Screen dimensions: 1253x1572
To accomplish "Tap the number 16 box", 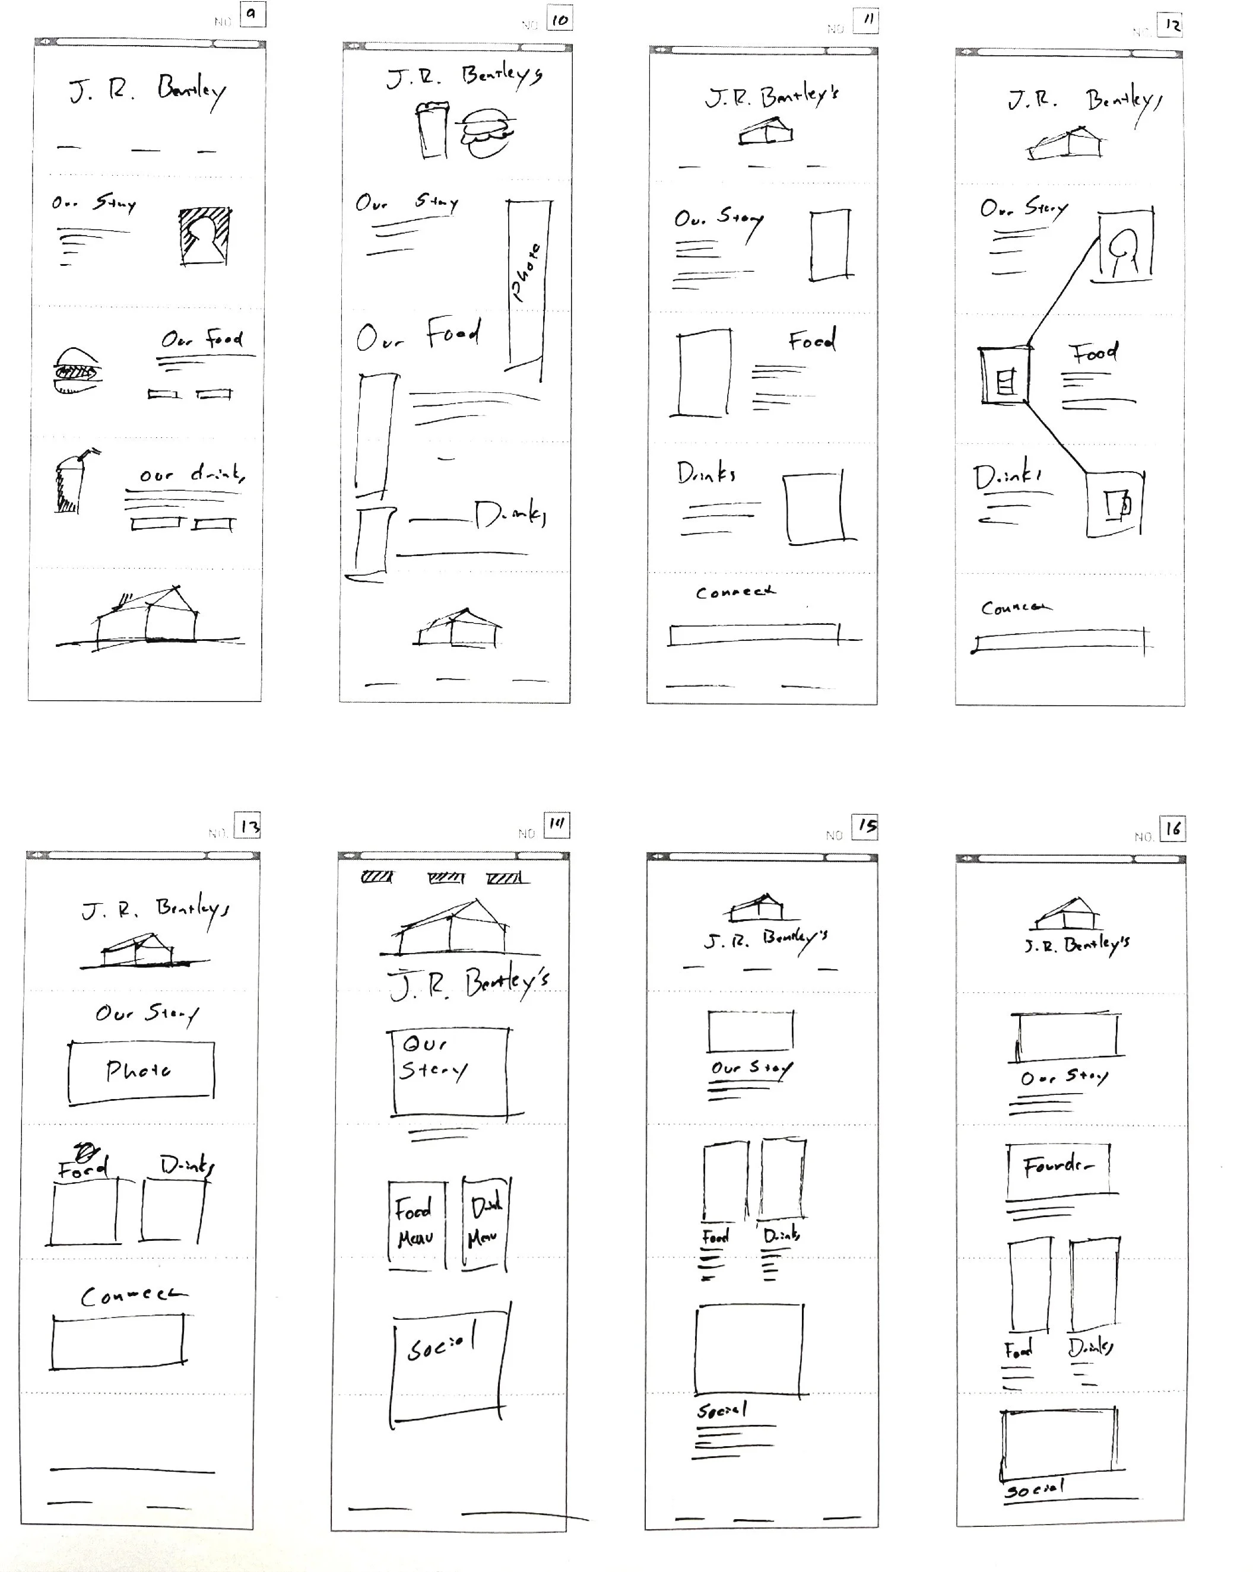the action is click(1173, 828).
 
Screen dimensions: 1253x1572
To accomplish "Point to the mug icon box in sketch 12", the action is click(1115, 504).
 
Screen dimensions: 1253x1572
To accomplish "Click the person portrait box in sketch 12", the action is click(1125, 246).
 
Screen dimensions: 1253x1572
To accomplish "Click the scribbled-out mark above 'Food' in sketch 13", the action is click(86, 1152).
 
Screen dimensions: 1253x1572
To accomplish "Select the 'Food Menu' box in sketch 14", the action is click(415, 1225).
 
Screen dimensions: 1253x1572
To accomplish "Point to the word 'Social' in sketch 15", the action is click(721, 1410).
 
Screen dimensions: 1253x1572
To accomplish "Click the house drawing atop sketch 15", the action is click(759, 907).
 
